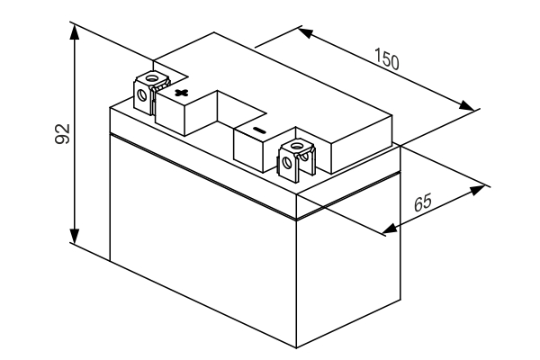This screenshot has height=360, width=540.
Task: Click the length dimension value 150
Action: tap(388, 60)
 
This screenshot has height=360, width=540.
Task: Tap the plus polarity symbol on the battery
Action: tap(182, 93)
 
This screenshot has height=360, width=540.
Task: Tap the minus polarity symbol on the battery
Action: tap(258, 131)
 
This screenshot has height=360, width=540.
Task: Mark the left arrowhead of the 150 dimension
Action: tap(305, 33)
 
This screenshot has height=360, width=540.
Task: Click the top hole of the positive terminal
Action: tap(151, 78)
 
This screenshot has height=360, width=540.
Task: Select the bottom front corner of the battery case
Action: tap(297, 346)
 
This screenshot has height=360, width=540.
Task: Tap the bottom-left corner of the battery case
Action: tap(110, 261)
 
